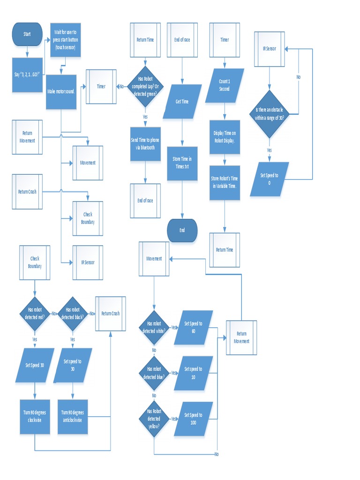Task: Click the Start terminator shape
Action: (x=27, y=34)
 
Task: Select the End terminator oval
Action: (x=182, y=230)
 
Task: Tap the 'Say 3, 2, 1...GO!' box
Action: (x=27, y=75)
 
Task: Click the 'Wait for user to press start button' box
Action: (x=65, y=40)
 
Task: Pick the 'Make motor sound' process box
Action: (x=61, y=91)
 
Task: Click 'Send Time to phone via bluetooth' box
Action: (x=145, y=144)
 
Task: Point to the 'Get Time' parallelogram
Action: (x=182, y=101)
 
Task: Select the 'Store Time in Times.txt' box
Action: (x=182, y=162)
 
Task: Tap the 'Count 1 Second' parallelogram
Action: (x=225, y=85)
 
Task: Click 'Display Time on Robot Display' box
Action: (x=225, y=136)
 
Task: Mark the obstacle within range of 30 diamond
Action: (x=270, y=114)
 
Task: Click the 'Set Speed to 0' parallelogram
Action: (x=270, y=179)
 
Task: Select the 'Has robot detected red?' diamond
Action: (x=35, y=314)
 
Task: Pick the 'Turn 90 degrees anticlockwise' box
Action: (x=72, y=416)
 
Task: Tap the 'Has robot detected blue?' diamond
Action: (x=154, y=373)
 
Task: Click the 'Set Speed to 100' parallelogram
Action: (x=193, y=419)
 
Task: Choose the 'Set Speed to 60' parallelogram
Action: (x=193, y=327)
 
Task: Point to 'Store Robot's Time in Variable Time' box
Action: (x=225, y=183)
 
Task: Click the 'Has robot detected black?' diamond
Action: (x=72, y=314)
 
